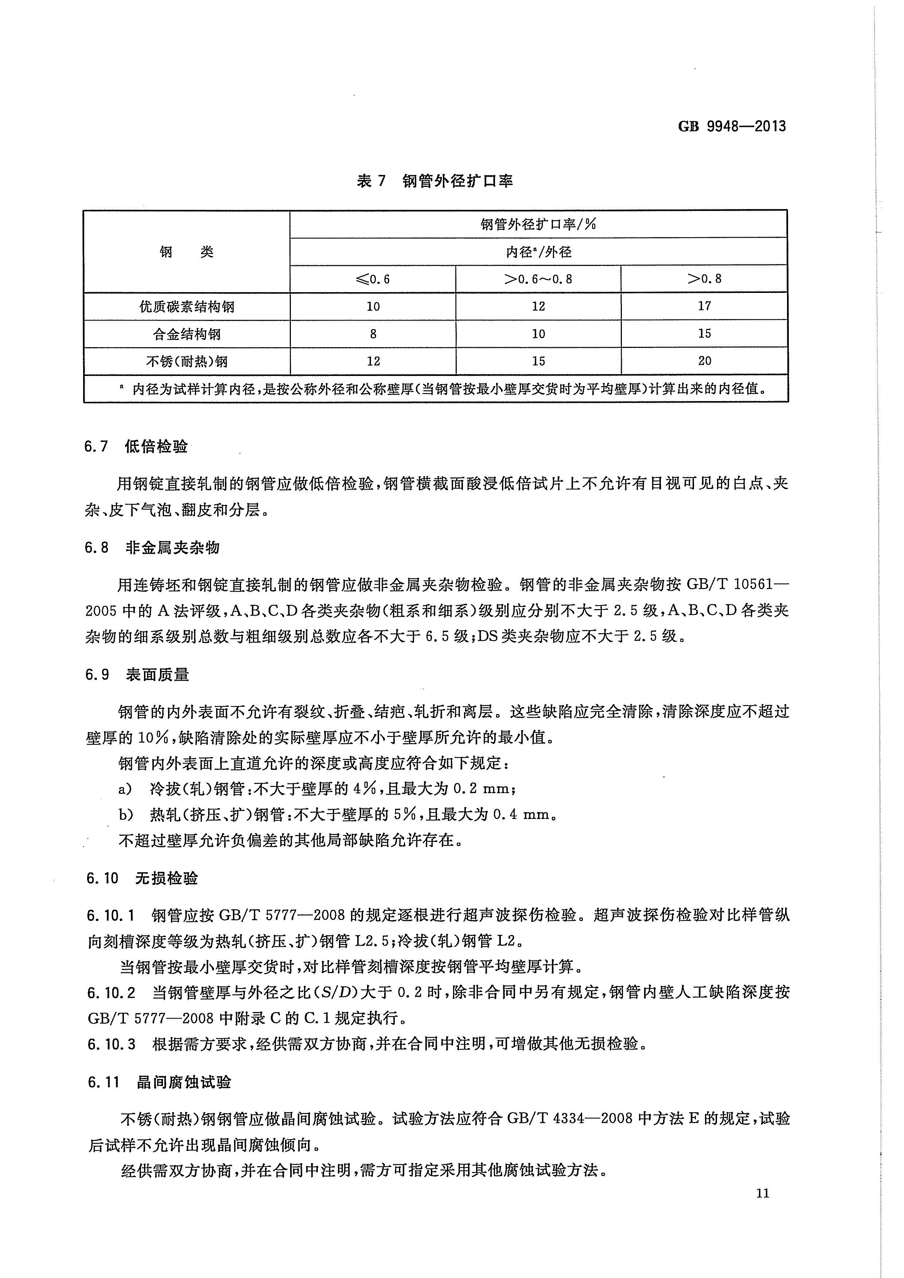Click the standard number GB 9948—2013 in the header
coord(731,126)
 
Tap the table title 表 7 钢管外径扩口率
coord(435,181)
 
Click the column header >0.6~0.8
coord(538,279)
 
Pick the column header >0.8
coord(704,279)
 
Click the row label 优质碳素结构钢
coord(187,307)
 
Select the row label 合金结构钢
coord(187,334)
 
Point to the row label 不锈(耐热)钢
coord(187,361)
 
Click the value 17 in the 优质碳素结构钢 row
coord(704,306)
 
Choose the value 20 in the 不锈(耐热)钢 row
coord(704,361)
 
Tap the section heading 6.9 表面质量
coord(137,675)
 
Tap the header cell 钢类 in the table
coord(187,252)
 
